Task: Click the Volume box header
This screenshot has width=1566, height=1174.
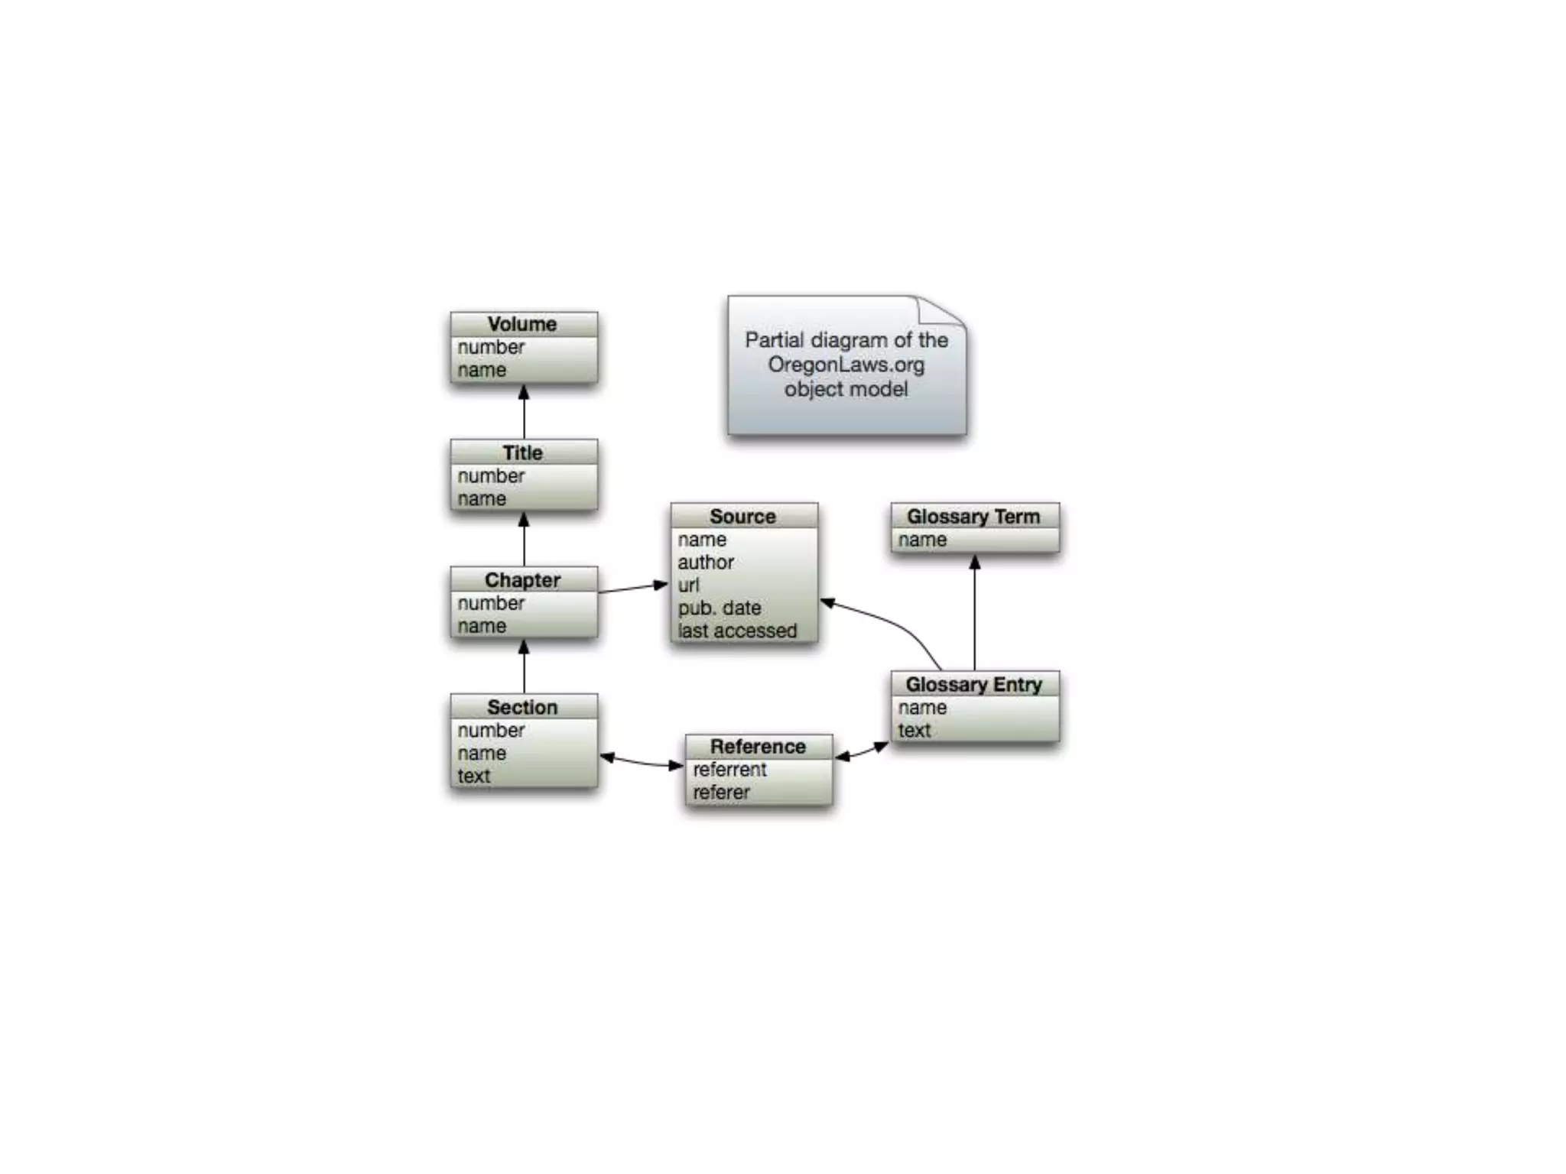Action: coord(523,324)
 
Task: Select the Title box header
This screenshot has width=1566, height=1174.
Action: coord(523,452)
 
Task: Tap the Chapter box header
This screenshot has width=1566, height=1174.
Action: coord(523,580)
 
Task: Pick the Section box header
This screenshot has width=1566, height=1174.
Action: coord(523,707)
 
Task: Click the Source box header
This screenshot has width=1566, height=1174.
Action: coord(743,517)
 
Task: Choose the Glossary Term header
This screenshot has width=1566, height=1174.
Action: coord(973,517)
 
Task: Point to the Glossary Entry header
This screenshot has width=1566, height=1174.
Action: coord(973,684)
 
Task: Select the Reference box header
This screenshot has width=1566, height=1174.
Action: coord(758,746)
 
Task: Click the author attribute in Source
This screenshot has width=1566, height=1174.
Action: coord(706,563)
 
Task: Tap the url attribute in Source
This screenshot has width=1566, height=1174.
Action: coord(688,585)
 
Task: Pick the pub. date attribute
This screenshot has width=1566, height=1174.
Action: coord(720,608)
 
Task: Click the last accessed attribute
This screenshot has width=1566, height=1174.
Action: coord(737,631)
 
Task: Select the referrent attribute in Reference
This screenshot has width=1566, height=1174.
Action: coord(729,770)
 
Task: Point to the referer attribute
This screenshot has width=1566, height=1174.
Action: coord(721,793)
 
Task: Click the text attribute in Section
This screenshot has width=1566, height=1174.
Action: coord(474,777)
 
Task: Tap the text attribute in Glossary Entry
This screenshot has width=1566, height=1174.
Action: coord(915,731)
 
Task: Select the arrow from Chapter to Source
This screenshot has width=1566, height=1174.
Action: coord(633,588)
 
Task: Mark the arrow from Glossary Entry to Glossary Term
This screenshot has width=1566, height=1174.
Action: coord(974,611)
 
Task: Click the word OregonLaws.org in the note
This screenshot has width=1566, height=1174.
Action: coord(846,365)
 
